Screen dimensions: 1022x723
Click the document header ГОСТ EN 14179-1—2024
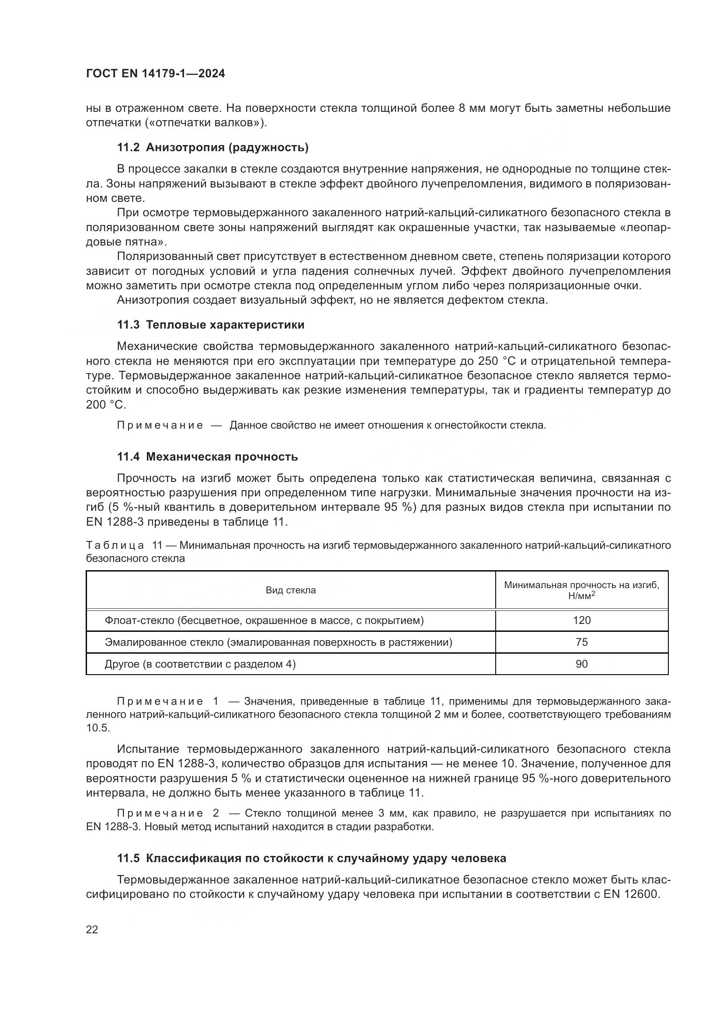(155, 74)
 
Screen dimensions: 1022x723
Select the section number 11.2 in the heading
(129, 148)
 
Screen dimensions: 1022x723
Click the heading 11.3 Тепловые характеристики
(211, 325)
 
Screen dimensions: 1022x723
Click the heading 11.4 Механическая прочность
(208, 457)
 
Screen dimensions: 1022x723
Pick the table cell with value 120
(581, 620)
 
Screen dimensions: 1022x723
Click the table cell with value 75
(581, 642)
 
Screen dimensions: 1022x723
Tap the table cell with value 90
(581, 664)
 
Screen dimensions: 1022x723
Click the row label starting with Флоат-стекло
(264, 620)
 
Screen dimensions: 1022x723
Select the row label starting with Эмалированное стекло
(278, 642)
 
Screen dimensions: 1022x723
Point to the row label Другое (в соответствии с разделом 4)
(200, 664)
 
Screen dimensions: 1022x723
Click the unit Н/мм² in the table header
(581, 596)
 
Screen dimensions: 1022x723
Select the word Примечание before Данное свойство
(160, 426)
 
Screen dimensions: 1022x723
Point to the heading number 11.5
(129, 859)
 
